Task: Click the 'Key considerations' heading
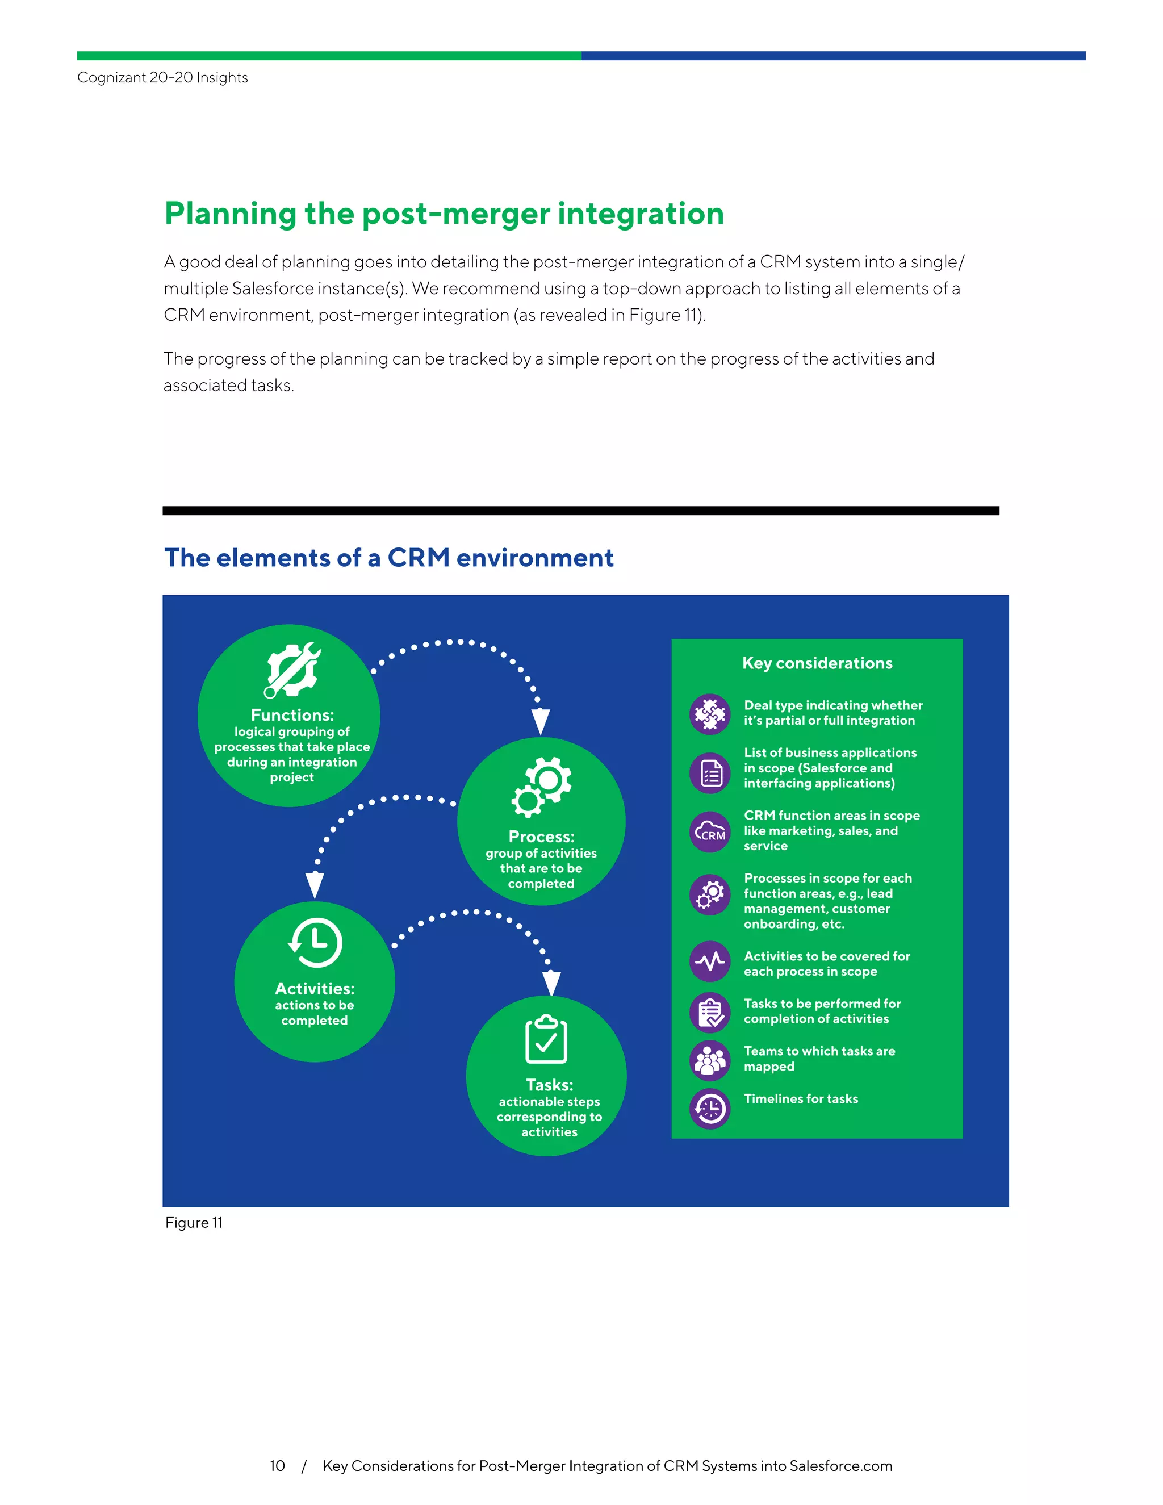pos(817,663)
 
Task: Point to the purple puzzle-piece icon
pos(710,714)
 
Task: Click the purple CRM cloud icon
pos(710,833)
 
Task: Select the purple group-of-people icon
pos(710,1060)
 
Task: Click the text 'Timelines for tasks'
pos(801,1098)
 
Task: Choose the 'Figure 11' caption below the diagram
pos(194,1223)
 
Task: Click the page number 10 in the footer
pos(277,1466)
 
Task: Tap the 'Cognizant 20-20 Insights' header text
pos(162,77)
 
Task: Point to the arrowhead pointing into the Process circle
pos(541,721)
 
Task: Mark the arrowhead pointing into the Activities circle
pos(315,884)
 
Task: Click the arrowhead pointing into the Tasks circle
pos(551,983)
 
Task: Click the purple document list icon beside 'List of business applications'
pos(710,773)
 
